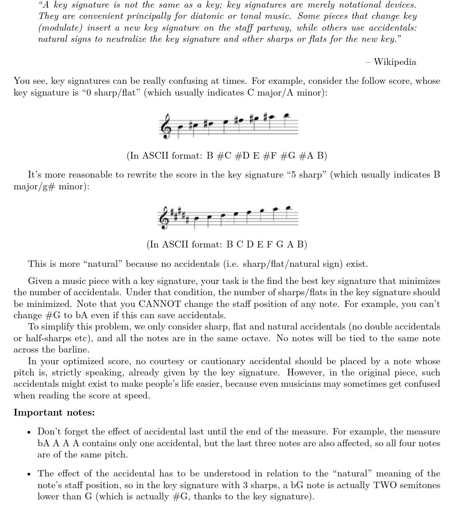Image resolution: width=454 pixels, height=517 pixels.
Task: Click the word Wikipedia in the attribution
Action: [x=395, y=62]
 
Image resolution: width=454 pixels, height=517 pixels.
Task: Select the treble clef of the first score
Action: [x=165, y=126]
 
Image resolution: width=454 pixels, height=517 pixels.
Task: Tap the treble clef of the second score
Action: [x=165, y=215]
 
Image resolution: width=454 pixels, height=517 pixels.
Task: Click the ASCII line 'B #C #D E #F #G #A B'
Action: [x=227, y=156]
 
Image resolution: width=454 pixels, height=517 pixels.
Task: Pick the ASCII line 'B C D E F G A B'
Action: [x=227, y=245]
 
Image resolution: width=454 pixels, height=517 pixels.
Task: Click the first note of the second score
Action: [x=195, y=219]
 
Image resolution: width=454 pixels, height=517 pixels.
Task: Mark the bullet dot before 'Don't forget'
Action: [x=29, y=432]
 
